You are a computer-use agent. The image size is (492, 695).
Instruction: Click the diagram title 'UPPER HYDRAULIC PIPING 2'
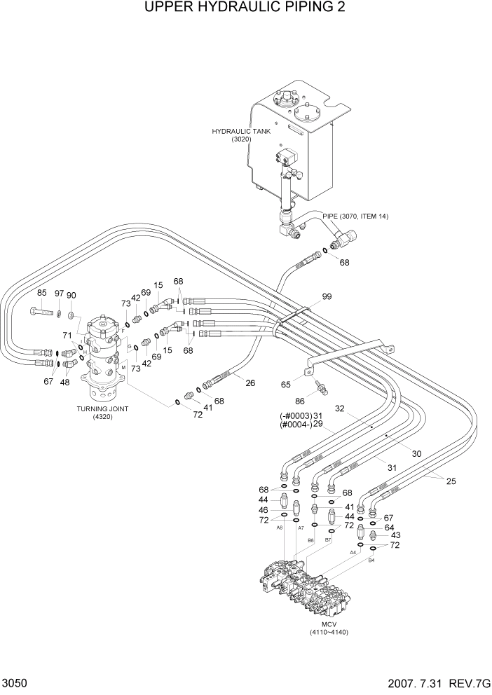pyautogui.click(x=245, y=8)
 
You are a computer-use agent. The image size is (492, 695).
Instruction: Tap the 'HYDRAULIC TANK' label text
pyautogui.click(x=241, y=131)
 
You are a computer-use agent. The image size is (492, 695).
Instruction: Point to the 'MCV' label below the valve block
pyautogui.click(x=329, y=624)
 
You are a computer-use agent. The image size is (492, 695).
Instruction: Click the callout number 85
pyautogui.click(x=41, y=293)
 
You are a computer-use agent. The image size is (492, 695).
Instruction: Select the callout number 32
pyautogui.click(x=340, y=408)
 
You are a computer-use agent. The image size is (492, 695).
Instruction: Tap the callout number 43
pyautogui.click(x=395, y=536)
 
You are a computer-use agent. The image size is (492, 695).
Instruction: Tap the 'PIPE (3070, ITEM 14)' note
pyautogui.click(x=355, y=216)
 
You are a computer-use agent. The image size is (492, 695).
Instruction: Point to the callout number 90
pyautogui.click(x=71, y=294)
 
